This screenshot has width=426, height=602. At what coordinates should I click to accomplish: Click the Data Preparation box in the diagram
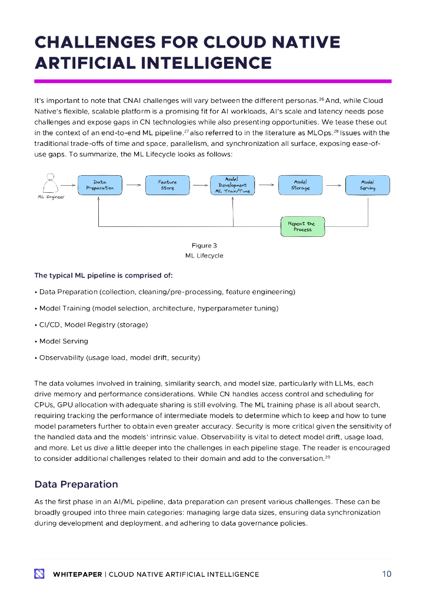[x=99, y=185]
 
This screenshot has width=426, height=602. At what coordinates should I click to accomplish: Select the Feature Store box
[x=167, y=185]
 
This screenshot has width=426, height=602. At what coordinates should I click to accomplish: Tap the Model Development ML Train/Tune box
[x=232, y=185]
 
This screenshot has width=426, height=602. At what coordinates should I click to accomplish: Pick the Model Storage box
[x=301, y=185]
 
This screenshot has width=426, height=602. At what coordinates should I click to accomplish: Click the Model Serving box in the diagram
[x=367, y=185]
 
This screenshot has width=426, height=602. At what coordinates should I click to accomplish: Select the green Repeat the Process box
[x=302, y=226]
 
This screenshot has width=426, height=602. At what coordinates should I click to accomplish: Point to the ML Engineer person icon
[x=51, y=183]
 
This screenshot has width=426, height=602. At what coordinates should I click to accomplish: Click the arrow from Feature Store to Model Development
[x=199, y=185]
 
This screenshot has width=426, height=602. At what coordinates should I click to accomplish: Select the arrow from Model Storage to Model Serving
[x=334, y=185]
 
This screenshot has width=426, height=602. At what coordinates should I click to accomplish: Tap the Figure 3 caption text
[x=204, y=245]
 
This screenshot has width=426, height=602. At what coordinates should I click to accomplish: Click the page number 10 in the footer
[x=386, y=574]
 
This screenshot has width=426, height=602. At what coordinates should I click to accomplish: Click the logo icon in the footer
[x=39, y=574]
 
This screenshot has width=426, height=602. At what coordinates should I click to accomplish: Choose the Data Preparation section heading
[x=76, y=484]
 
